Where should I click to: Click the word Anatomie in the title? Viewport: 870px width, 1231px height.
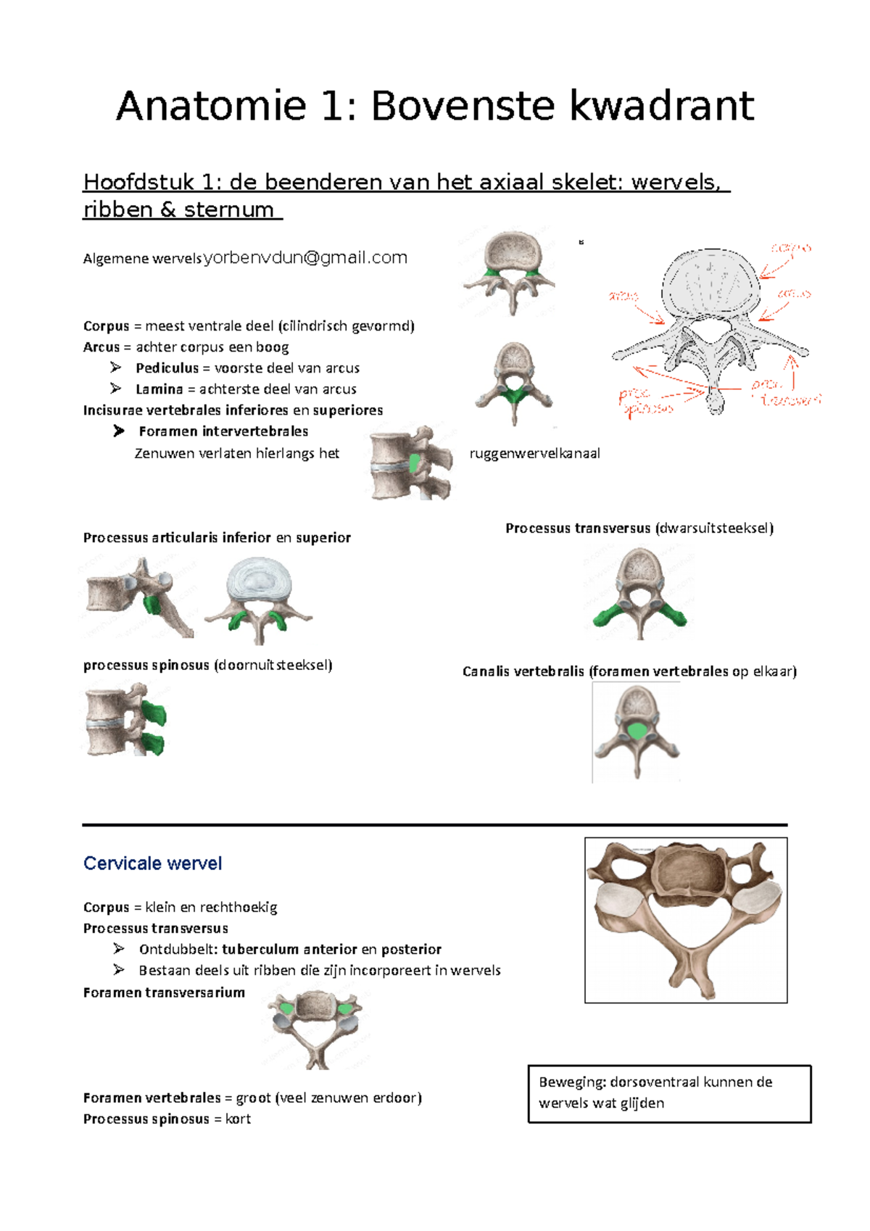coord(211,106)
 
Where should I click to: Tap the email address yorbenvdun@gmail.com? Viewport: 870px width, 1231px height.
coord(305,257)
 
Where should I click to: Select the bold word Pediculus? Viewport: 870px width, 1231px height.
coord(167,368)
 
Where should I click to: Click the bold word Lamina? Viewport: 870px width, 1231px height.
coord(159,389)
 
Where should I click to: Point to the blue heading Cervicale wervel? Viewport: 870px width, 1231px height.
coord(152,863)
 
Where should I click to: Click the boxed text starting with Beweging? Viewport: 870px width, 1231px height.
coord(668,1093)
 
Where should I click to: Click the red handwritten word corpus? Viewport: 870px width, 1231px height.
coord(790,249)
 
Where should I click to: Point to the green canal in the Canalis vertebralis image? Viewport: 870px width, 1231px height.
coord(637,731)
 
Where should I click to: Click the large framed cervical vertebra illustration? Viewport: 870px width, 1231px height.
coord(686,920)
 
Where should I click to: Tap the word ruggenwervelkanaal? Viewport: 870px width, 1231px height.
coord(534,454)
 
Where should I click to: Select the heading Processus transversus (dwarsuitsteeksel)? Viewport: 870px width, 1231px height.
coord(639,529)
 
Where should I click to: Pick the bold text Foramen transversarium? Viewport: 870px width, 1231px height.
coord(164,992)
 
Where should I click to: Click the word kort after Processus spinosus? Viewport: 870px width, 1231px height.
coord(238,1119)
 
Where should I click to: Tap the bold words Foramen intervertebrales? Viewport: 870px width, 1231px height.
coord(223,431)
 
